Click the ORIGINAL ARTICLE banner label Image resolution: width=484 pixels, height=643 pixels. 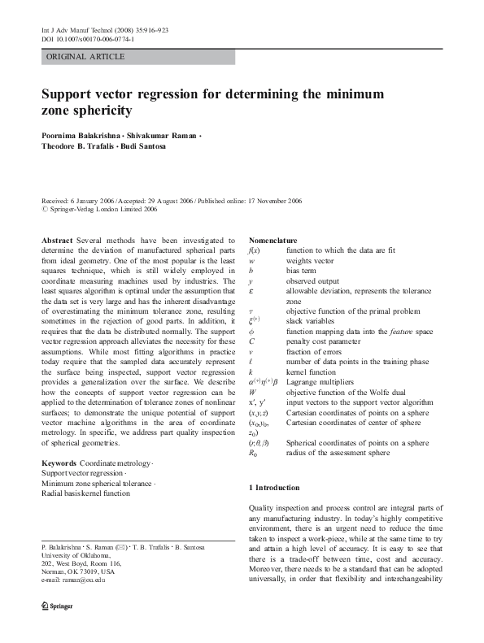coord(86,57)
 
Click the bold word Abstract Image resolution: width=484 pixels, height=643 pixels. coord(57,241)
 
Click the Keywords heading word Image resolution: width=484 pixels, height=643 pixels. coord(59,463)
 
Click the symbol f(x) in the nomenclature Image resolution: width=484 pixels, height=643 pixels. coord(254,250)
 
